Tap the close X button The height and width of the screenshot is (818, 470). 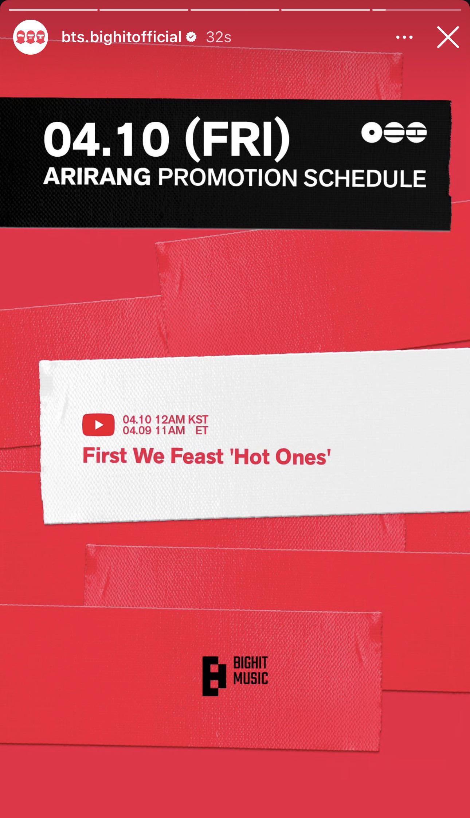pyautogui.click(x=448, y=37)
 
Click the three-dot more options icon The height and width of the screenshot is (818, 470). pyautogui.click(x=404, y=37)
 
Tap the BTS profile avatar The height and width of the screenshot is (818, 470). pyautogui.click(x=31, y=37)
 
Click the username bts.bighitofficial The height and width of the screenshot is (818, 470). pyautogui.click(x=122, y=37)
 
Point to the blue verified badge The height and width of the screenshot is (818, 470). pyautogui.click(x=192, y=37)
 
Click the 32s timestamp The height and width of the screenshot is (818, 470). pyautogui.click(x=219, y=37)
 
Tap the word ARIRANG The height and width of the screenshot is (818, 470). pyautogui.click(x=97, y=177)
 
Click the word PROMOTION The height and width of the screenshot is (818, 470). pyautogui.click(x=228, y=178)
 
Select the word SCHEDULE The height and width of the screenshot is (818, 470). pyautogui.click(x=365, y=178)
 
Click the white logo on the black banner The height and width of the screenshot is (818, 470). pyautogui.click(x=394, y=133)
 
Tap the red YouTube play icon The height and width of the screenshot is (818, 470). pyautogui.click(x=98, y=425)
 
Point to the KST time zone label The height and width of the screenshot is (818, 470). pyautogui.click(x=198, y=419)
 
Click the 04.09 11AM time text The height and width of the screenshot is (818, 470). pyautogui.click(x=154, y=430)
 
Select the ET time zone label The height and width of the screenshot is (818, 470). pyautogui.click(x=201, y=430)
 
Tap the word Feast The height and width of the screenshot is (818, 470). pyautogui.click(x=197, y=456)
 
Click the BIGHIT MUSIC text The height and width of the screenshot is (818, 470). pyautogui.click(x=251, y=670)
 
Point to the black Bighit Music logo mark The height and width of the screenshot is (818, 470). pyautogui.click(x=215, y=676)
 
